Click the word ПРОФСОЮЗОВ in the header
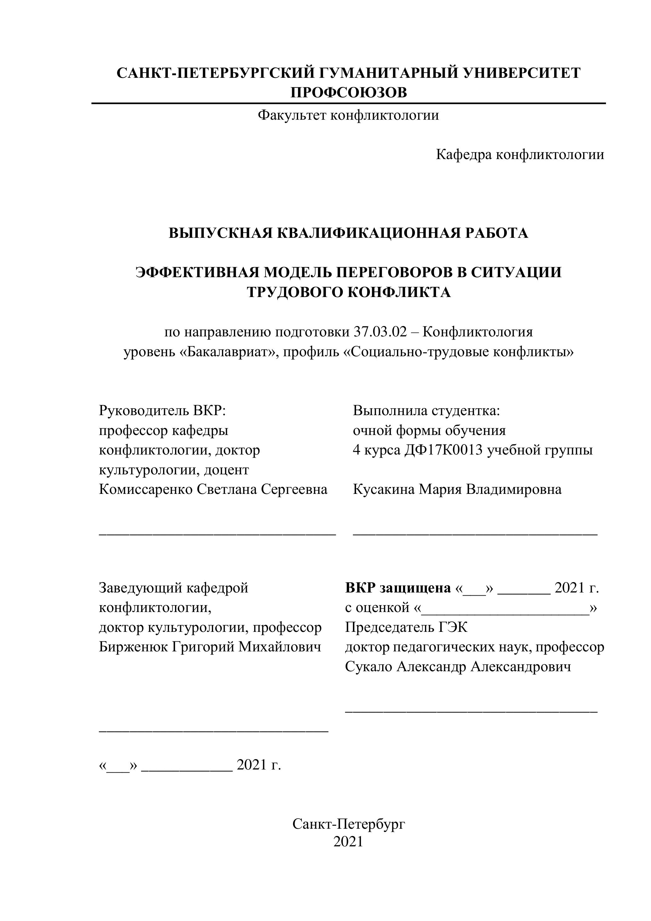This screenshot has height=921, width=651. click(x=348, y=93)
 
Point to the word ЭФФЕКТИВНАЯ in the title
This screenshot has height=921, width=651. click(x=197, y=272)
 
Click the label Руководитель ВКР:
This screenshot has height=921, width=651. click(x=162, y=411)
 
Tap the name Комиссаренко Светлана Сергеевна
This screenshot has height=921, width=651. click(x=213, y=489)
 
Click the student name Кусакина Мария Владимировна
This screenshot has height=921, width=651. click(x=457, y=489)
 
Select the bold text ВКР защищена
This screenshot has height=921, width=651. click(x=398, y=588)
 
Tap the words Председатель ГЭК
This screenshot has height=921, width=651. click(x=406, y=627)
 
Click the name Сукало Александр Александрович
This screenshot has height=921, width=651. click(x=458, y=667)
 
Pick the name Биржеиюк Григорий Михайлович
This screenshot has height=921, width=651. click(x=210, y=647)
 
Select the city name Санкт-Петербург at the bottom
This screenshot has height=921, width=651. click(x=348, y=824)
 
